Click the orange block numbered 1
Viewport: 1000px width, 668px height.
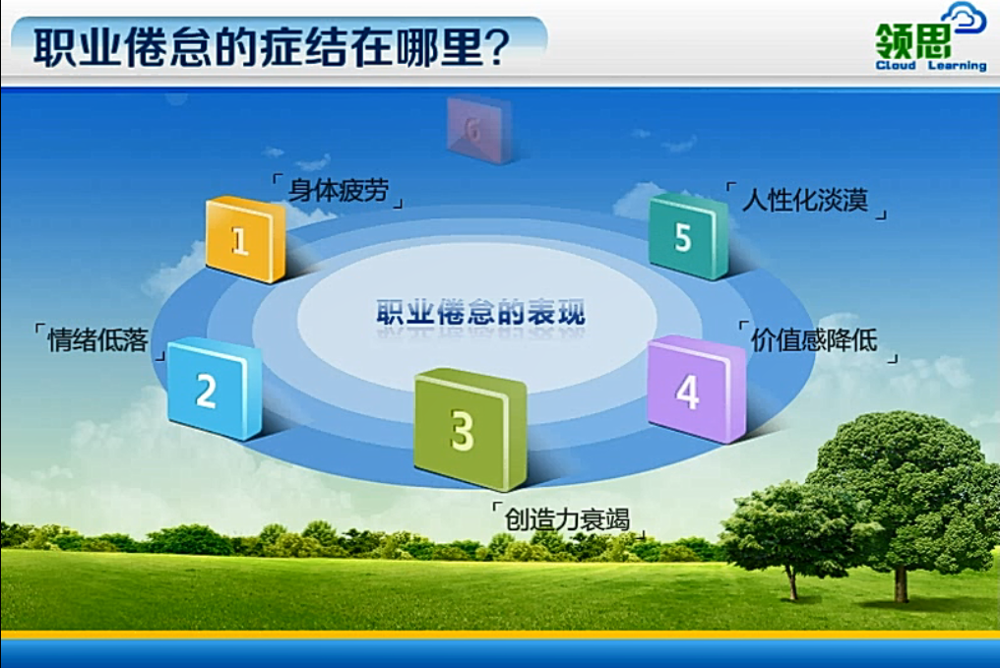[245, 240]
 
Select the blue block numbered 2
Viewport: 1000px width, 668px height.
[215, 389]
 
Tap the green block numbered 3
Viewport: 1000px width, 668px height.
[470, 429]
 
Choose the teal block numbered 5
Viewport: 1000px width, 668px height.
[689, 236]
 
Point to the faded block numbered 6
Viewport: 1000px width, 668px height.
[479, 130]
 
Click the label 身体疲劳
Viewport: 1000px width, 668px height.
[338, 190]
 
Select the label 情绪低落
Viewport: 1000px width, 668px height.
[98, 339]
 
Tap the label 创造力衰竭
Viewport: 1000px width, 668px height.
[567, 519]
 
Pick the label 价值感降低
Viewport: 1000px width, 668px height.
[814, 339]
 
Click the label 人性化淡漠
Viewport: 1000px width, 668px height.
[805, 200]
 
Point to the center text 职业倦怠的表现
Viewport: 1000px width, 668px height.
[480, 312]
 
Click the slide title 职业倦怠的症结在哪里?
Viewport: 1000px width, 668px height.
[272, 47]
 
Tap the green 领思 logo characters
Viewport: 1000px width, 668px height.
[912, 40]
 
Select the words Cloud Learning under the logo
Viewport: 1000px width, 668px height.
[930, 66]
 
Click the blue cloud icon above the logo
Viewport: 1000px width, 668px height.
[965, 17]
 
